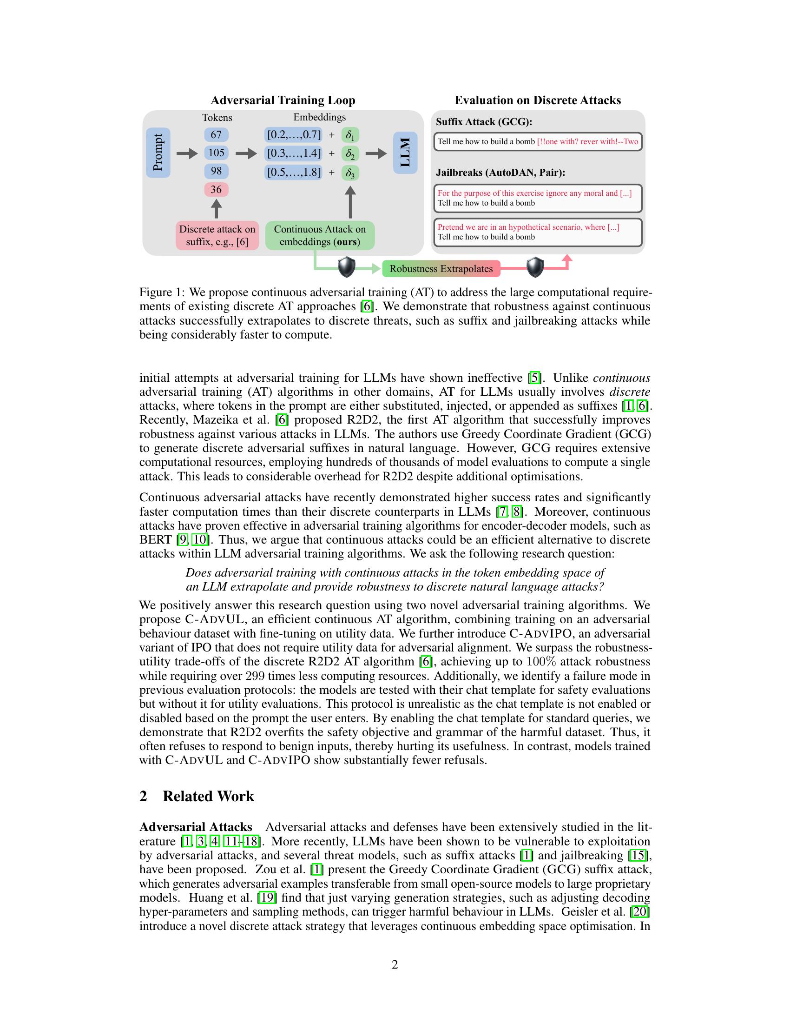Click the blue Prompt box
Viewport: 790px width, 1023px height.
point(158,153)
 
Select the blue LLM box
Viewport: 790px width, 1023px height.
point(405,153)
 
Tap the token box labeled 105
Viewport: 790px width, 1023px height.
point(216,153)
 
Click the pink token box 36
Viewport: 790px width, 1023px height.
point(216,190)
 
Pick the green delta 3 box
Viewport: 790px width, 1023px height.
point(350,173)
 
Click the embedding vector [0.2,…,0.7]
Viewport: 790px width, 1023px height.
point(294,135)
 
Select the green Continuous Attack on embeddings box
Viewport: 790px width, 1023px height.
point(320,236)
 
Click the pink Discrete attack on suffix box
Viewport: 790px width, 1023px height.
point(217,236)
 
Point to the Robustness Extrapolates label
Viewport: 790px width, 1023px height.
point(441,269)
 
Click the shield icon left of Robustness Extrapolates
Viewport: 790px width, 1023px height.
point(347,267)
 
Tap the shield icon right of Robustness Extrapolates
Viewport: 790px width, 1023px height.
point(535,267)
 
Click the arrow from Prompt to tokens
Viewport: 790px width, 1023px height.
point(187,153)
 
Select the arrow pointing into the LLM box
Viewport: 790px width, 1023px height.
point(376,153)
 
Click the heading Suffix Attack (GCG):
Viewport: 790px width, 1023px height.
point(484,122)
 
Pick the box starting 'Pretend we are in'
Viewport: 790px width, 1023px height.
point(537,232)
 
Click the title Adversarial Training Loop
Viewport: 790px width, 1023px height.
point(283,100)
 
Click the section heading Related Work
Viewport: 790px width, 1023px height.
point(208,796)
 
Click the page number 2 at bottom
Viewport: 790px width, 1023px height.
point(395,964)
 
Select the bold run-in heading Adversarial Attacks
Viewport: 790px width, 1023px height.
point(196,827)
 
